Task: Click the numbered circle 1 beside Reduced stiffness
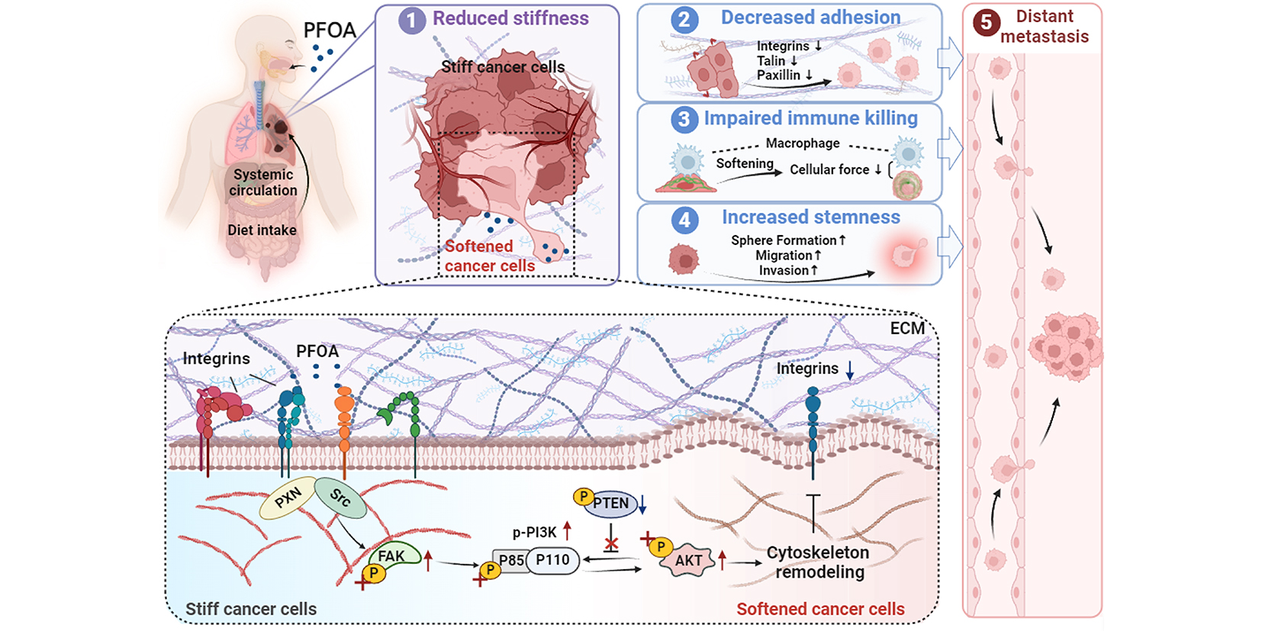pyautogui.click(x=411, y=20)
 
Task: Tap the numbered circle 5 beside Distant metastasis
pyautogui.click(x=986, y=23)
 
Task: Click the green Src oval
pyautogui.click(x=340, y=497)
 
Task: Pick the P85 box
pyautogui.click(x=510, y=561)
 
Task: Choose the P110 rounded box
pyautogui.click(x=553, y=561)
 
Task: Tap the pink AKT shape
pyautogui.click(x=688, y=561)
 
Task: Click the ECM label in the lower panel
pyautogui.click(x=907, y=328)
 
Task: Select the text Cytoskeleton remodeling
pyautogui.click(x=818, y=562)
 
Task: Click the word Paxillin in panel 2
pyautogui.click(x=778, y=75)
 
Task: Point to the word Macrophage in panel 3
pyautogui.click(x=802, y=143)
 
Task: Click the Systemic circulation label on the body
pyautogui.click(x=263, y=182)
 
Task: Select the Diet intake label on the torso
pyautogui.click(x=262, y=230)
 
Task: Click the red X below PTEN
pyautogui.click(x=611, y=545)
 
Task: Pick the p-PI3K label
pyautogui.click(x=534, y=533)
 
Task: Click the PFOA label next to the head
pyautogui.click(x=330, y=31)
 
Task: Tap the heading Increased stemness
pyautogui.click(x=811, y=217)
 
